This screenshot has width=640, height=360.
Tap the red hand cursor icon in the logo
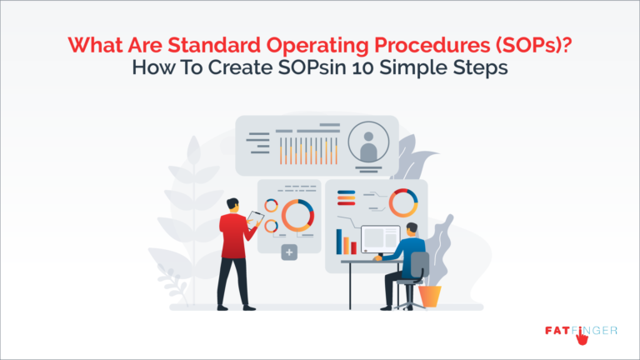coord(573,336)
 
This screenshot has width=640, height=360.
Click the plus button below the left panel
coord(289,251)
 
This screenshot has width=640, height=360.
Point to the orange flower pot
coord(430,295)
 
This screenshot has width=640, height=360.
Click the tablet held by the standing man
coord(255,220)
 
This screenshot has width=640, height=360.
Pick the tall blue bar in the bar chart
coord(340,242)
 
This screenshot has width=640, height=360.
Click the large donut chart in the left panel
coord(297,214)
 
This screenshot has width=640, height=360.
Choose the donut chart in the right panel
coord(403,202)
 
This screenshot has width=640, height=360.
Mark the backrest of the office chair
coord(420,266)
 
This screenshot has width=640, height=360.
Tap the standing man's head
coord(233,203)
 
